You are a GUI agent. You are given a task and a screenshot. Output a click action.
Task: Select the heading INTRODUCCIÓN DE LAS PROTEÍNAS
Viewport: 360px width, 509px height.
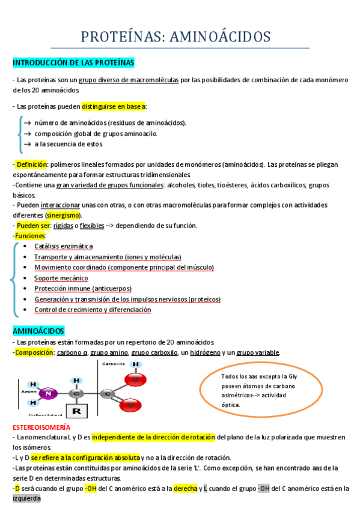point(73,62)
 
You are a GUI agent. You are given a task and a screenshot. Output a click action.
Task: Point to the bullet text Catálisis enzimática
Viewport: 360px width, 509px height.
point(64,246)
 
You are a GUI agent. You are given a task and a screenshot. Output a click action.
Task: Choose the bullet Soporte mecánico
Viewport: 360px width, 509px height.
point(61,278)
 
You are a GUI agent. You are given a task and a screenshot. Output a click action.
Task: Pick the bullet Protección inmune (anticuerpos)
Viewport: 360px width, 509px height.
point(83,288)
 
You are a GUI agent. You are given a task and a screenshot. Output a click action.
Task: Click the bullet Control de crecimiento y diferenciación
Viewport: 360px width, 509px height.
point(93,310)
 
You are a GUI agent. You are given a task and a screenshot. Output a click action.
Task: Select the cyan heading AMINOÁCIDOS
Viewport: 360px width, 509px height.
point(38,331)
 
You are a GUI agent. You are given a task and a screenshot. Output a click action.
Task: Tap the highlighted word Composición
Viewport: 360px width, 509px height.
point(34,352)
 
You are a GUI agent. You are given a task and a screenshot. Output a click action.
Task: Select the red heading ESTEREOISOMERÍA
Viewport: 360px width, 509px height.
point(41,427)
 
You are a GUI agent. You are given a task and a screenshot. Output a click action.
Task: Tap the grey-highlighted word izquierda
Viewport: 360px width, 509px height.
point(26,498)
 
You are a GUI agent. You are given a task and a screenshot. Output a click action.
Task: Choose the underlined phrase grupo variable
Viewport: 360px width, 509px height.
point(258,352)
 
